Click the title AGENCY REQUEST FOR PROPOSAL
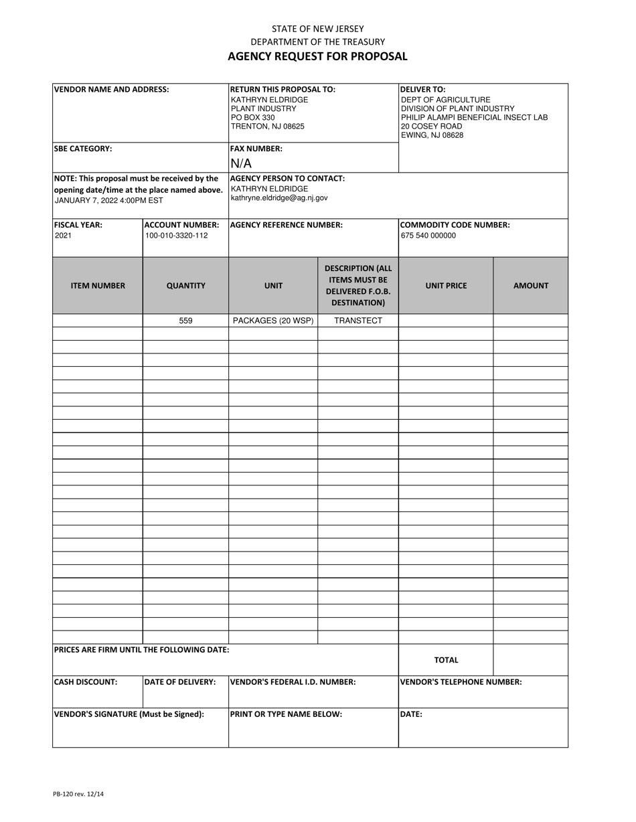point(317,56)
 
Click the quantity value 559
point(185,321)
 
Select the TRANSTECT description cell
point(358,321)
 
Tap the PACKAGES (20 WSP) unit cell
point(273,321)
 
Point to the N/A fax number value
point(241,163)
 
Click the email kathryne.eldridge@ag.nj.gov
point(279,198)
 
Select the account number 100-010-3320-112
point(176,236)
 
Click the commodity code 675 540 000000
point(428,236)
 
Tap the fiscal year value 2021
point(63,236)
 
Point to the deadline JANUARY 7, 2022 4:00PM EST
point(108,200)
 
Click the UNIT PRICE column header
point(446,285)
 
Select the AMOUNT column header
point(531,285)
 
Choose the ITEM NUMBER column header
point(98,285)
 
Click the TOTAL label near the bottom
point(446,660)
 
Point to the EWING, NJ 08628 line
point(432,135)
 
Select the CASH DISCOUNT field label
point(85,682)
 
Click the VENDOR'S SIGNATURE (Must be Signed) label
point(129,714)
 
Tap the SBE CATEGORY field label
point(82,149)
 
